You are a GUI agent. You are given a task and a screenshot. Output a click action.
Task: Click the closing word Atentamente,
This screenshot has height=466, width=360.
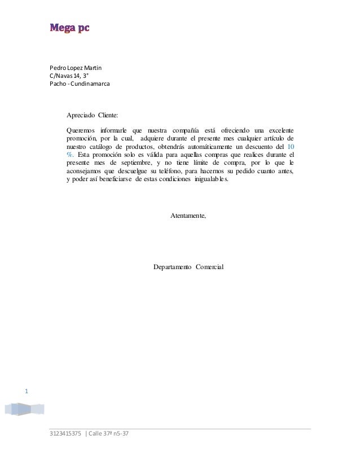(188, 216)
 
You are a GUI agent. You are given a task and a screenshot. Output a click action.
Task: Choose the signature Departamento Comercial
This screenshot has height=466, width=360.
(188, 266)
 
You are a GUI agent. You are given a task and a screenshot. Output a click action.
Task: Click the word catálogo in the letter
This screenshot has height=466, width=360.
(102, 147)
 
